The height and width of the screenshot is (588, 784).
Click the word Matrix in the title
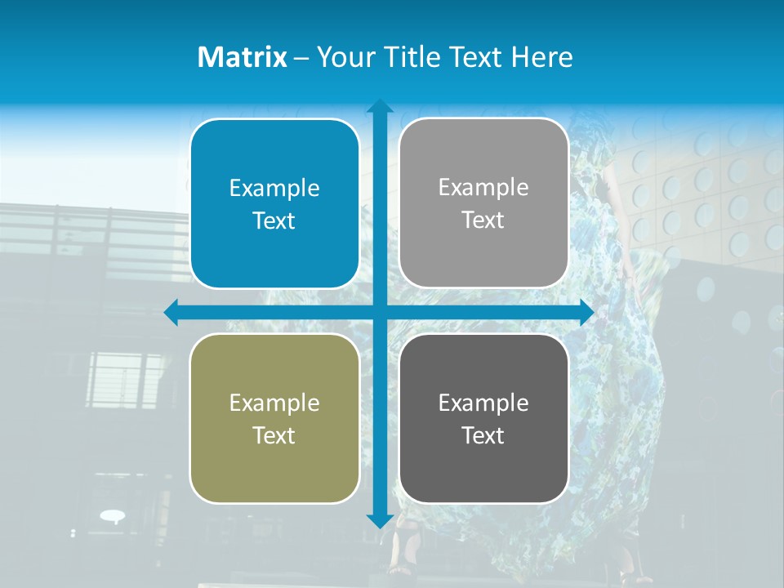pos(242,57)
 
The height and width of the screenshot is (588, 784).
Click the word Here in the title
pos(541,57)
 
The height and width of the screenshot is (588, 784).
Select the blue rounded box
pos(274,204)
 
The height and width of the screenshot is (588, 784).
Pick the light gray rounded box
pos(483,203)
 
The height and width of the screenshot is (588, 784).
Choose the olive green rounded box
pos(274,418)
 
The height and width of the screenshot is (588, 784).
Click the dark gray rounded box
pos(483,418)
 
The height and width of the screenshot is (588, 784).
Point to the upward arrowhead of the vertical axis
pos(380,106)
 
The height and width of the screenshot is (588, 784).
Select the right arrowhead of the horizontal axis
pos(586,312)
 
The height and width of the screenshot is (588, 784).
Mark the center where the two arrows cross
pos(380,312)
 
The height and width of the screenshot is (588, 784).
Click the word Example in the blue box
pos(274,189)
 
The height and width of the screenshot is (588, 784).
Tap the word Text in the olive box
pos(274,435)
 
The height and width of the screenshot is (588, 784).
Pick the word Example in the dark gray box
pos(483,403)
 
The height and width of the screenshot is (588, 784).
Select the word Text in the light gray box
pos(483,220)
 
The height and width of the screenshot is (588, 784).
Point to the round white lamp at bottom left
pos(113,515)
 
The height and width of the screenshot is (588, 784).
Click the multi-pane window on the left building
pos(126,380)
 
